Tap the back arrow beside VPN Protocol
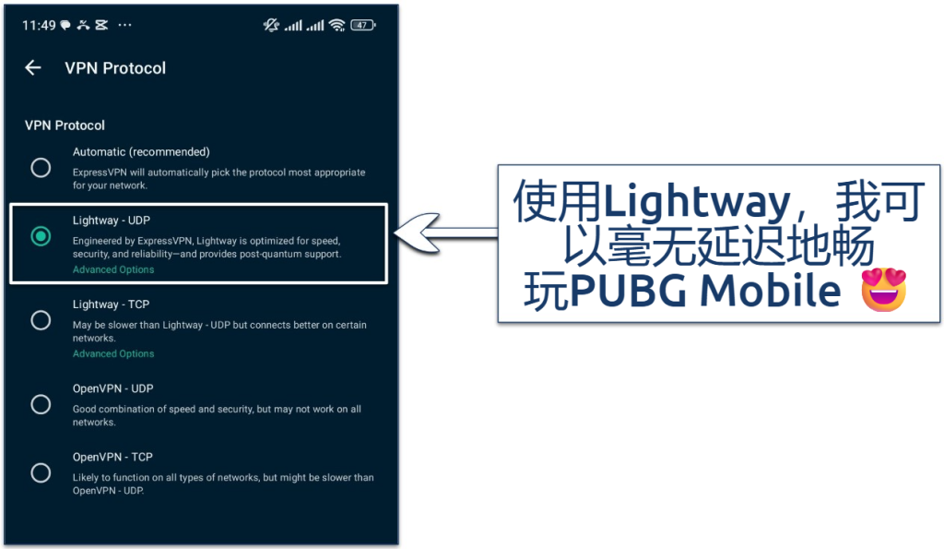tap(33, 67)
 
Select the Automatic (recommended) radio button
tap(41, 167)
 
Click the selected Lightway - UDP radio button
tap(41, 236)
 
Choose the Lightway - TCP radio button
tap(41, 320)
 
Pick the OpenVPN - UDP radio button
tap(41, 404)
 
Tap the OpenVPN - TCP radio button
tap(41, 472)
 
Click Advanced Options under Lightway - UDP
tap(113, 269)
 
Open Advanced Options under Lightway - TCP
tap(113, 353)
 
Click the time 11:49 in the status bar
tap(38, 25)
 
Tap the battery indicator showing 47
tap(362, 25)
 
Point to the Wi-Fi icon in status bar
tap(336, 25)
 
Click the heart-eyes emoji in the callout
tap(882, 290)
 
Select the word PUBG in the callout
tap(628, 291)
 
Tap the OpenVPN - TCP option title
tap(112, 457)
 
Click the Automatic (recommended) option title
tap(141, 151)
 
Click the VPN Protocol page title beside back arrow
tap(115, 67)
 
